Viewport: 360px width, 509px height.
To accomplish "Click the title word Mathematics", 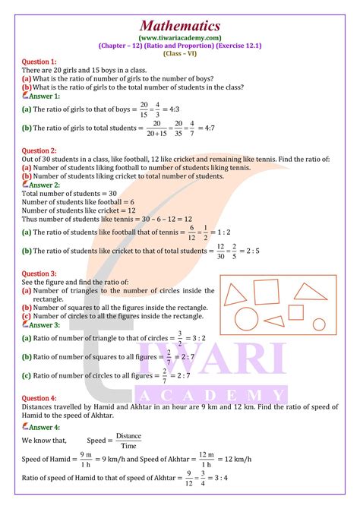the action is tap(181, 26).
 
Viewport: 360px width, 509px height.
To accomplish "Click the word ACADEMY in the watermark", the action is tap(211, 395).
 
